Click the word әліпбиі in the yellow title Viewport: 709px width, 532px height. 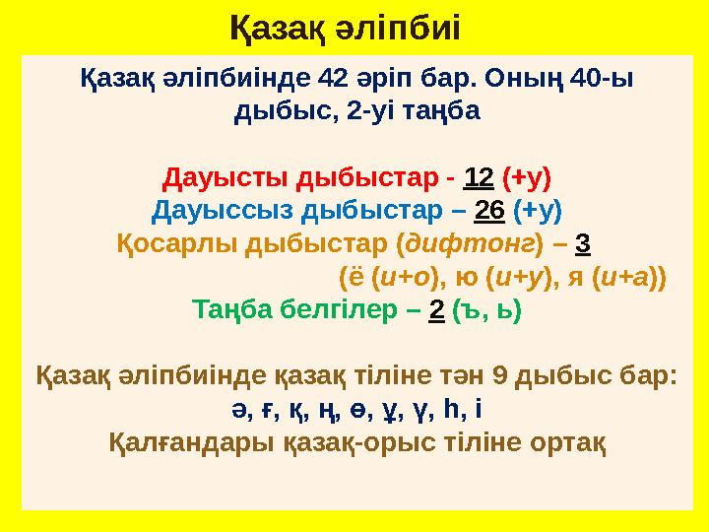(398, 28)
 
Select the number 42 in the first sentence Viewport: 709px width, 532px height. (333, 78)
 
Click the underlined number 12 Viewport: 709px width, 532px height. (479, 177)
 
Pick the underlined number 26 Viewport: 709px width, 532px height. (489, 211)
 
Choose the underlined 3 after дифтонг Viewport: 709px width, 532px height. (583, 243)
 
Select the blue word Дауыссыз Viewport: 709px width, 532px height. (223, 211)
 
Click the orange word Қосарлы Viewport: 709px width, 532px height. (177, 244)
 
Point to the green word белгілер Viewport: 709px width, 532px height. (338, 310)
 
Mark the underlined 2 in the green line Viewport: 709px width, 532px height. (436, 310)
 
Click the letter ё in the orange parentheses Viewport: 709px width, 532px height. (356, 277)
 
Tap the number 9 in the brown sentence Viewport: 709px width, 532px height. (499, 376)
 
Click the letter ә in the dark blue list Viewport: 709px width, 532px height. (238, 410)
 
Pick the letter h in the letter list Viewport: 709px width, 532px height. (451, 409)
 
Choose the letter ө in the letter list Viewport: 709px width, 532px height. (356, 410)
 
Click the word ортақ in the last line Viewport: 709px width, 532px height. (567, 442)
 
